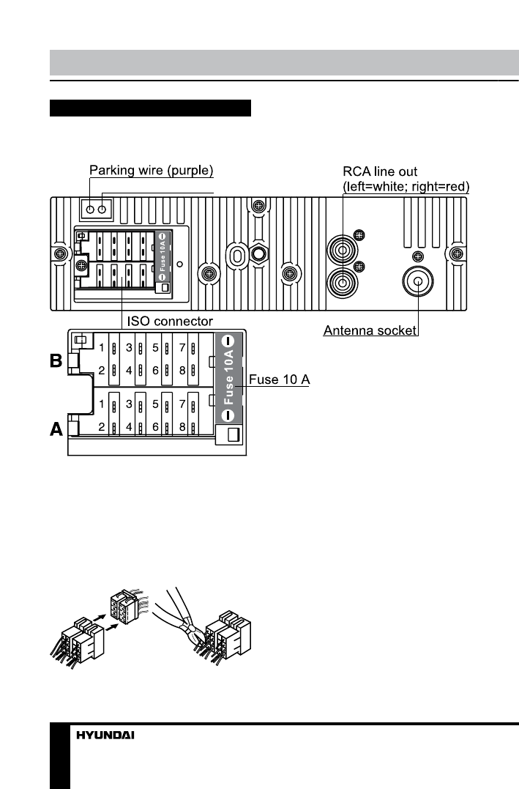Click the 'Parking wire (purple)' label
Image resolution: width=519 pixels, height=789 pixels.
click(x=151, y=171)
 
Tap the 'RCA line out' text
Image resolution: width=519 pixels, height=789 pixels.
click(x=378, y=173)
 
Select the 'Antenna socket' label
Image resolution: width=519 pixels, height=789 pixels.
click(x=370, y=331)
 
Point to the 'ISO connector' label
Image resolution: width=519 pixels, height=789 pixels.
click(x=171, y=321)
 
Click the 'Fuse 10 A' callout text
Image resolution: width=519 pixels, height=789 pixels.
click(x=280, y=379)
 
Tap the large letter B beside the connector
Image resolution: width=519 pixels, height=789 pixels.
click(x=56, y=362)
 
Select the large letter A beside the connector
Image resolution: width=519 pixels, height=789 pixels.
click(x=56, y=431)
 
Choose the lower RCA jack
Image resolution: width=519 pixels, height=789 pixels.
click(x=343, y=281)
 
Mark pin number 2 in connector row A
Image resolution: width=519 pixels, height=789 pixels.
click(x=103, y=426)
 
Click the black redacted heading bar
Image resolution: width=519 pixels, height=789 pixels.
click(x=150, y=108)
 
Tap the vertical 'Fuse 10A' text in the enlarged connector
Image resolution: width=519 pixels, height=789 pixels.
click(x=228, y=377)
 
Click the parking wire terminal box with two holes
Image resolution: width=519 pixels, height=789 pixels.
click(x=96, y=209)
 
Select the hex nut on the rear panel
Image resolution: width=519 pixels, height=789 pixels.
click(x=258, y=253)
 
